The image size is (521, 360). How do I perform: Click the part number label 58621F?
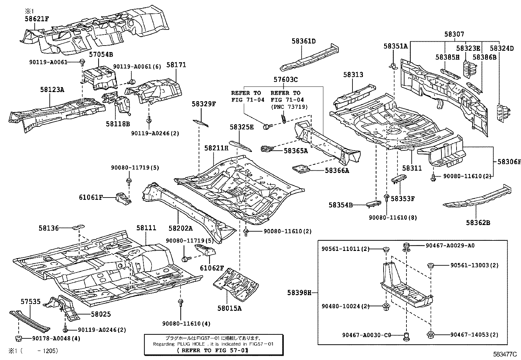(37, 19)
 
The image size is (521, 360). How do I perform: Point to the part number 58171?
(176, 65)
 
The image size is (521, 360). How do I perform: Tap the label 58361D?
(304, 41)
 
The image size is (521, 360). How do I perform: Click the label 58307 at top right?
(454, 34)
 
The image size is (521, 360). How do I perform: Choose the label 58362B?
(478, 223)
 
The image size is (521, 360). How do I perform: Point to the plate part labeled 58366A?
(301, 169)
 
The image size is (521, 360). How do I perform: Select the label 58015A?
(229, 308)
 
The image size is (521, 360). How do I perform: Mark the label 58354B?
(341, 205)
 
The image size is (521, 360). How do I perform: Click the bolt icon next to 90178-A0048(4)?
(17, 338)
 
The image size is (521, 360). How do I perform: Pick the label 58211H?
(216, 148)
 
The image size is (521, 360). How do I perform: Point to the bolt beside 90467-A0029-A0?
(406, 246)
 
